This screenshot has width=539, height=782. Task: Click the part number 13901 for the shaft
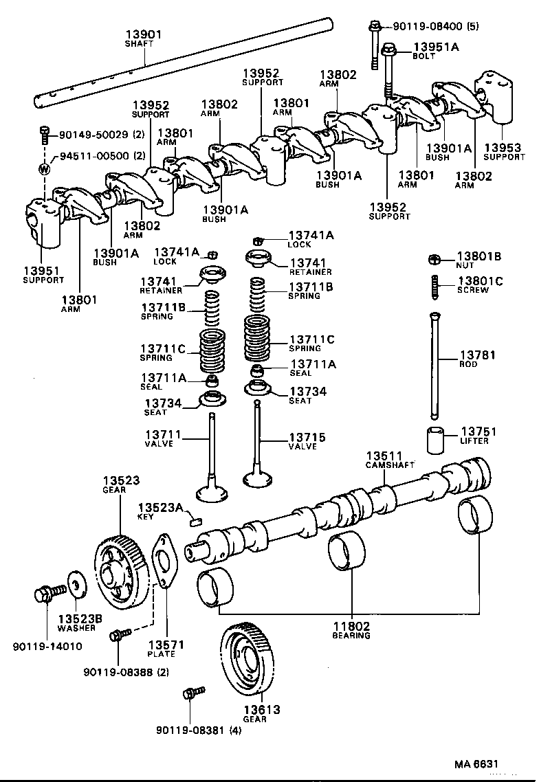pos(142,34)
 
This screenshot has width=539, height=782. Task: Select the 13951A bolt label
pos(435,47)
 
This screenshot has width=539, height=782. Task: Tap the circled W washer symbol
pos(45,169)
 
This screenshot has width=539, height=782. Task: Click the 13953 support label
pos(504,148)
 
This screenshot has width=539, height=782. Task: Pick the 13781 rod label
pos(477,355)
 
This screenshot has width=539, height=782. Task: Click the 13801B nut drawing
pos(434,260)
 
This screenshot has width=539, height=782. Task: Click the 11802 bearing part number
pos(352,626)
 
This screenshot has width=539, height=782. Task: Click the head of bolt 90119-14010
pos(43,594)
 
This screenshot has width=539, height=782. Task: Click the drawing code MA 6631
pos(474,764)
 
